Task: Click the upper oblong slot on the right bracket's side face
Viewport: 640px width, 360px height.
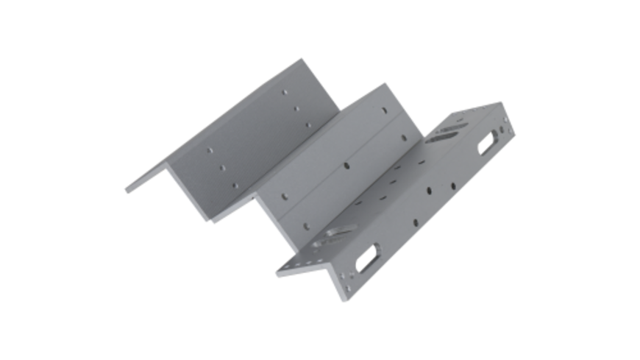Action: [x=487, y=142]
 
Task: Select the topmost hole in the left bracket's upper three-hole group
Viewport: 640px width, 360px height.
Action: [x=284, y=93]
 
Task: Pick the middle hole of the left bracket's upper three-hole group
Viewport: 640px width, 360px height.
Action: [x=296, y=109]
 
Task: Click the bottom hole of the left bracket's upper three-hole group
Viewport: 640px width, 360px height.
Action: [x=307, y=124]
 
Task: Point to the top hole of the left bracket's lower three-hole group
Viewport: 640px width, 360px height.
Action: [x=209, y=150]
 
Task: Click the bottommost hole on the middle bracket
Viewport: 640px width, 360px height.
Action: [x=284, y=199]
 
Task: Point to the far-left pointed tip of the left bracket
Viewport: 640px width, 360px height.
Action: [x=127, y=191]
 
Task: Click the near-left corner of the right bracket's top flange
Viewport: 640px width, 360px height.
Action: [x=278, y=274]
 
